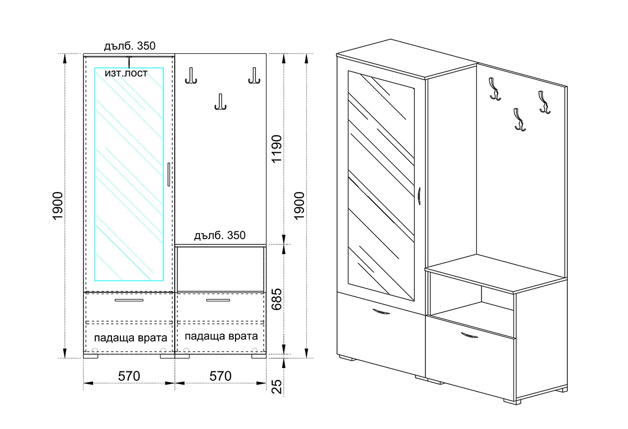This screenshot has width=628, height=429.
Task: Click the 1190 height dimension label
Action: click(277, 149)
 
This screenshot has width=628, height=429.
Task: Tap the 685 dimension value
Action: click(277, 299)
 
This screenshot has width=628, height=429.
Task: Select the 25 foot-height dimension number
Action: click(277, 387)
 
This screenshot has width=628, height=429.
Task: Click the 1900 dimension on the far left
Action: click(58, 206)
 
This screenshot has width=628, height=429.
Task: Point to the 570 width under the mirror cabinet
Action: click(129, 376)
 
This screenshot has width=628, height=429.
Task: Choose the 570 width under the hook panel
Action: click(221, 376)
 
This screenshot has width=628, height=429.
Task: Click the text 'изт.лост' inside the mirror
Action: click(126, 73)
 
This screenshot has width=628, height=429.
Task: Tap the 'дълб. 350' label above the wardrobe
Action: click(130, 46)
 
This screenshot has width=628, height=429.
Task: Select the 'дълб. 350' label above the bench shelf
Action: click(220, 235)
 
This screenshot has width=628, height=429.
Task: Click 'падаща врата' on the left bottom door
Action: click(131, 338)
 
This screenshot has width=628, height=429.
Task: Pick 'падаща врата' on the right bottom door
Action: click(221, 336)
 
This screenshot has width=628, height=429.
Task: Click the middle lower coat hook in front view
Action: click(221, 101)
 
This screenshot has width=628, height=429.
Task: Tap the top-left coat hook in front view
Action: click(191, 76)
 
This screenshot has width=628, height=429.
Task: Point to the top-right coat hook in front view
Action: click(254, 76)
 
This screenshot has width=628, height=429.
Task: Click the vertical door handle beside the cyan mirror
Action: click(169, 174)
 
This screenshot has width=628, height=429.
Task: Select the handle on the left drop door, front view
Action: click(129, 300)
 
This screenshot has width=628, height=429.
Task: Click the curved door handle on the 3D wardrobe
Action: click(419, 198)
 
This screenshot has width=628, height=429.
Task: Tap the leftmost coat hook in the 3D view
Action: click(495, 89)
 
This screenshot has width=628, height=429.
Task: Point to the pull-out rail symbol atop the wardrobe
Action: click(129, 62)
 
